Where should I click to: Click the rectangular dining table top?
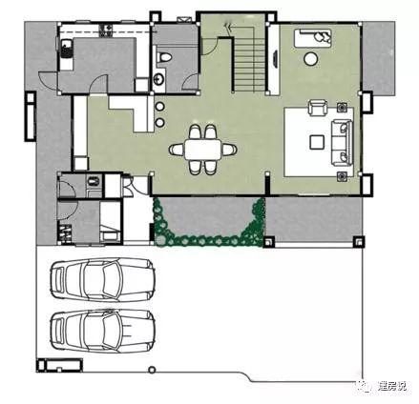coord(203,149)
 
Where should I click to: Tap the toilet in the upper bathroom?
coord(165,57)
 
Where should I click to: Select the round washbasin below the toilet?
coord(158,79)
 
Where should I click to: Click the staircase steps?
coord(250,66)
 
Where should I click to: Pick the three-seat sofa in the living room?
coord(343,142)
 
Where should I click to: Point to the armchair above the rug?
coord(318,108)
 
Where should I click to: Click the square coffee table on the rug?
coord(317,142)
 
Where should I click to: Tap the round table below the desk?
coord(311,58)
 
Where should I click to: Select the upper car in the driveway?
coord(103,279)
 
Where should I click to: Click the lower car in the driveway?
coord(103,331)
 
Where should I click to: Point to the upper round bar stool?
coord(160,107)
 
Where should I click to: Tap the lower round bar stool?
coord(160,122)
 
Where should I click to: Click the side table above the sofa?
coord(342,108)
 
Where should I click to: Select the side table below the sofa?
coord(342,176)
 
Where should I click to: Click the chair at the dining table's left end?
coord(177,149)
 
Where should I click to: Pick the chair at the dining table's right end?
coord(229,149)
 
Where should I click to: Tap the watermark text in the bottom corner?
coord(391,386)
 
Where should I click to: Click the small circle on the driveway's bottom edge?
coord(153,370)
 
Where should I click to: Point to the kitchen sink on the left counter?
coord(66,50)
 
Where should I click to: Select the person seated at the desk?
coord(323,36)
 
